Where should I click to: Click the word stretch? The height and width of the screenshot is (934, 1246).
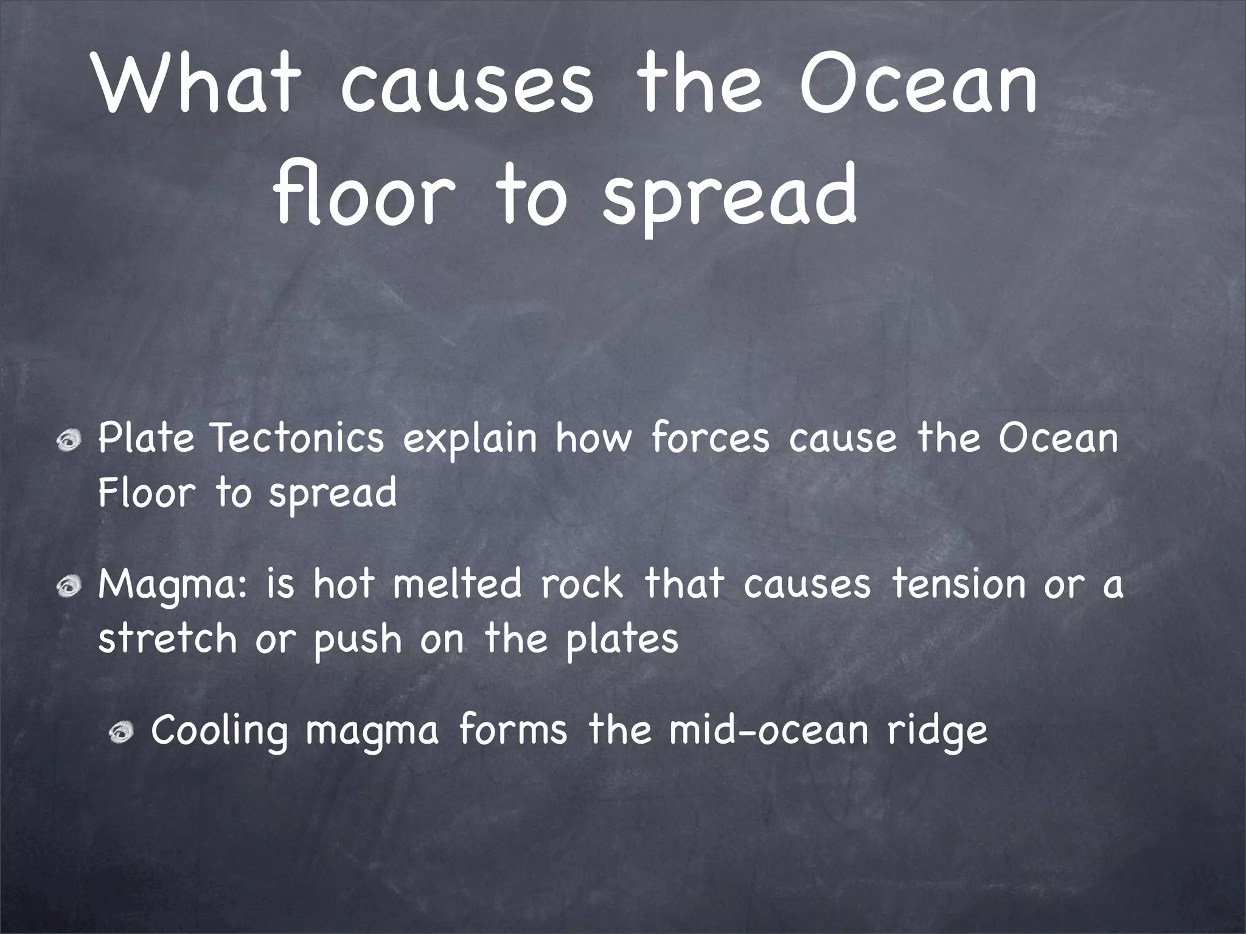167,638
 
